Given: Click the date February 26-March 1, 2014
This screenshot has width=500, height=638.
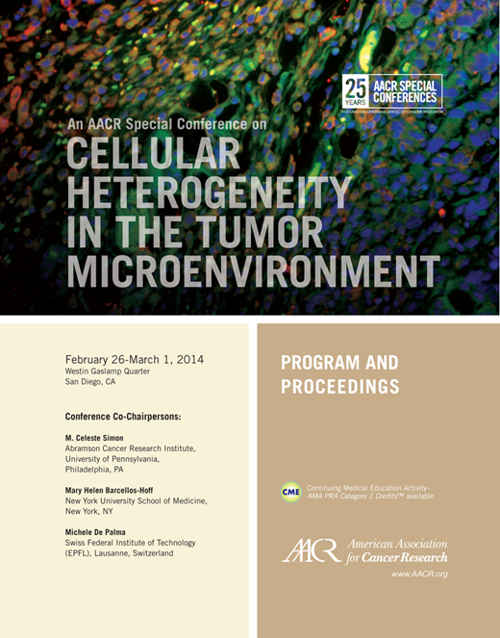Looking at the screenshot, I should tap(134, 359).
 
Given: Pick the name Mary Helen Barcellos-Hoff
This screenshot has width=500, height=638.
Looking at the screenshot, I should tap(121, 490).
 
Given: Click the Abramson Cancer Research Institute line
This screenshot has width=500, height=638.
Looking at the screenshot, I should tap(130, 448).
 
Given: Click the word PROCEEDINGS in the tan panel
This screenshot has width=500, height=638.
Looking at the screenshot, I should tap(339, 388).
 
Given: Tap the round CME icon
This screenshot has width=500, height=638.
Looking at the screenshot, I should tap(290, 492).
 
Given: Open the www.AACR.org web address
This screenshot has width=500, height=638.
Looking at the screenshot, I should tap(418, 574).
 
